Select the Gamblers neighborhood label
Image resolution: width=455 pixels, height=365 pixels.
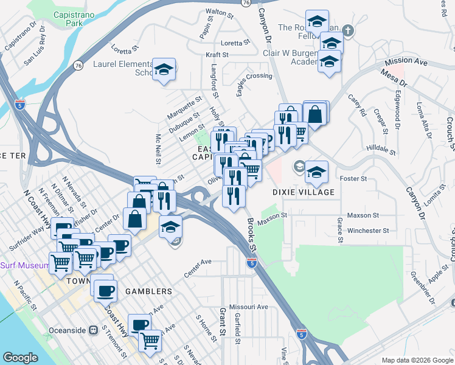[x=148, y=291]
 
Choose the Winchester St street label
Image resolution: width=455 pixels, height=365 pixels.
[x=367, y=231]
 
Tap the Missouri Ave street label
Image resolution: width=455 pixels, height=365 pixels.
[x=249, y=307]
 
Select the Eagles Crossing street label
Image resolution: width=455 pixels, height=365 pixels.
[x=254, y=76]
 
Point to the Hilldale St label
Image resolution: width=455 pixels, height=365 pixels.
[x=381, y=148]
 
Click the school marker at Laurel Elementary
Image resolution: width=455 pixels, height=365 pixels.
[x=164, y=71]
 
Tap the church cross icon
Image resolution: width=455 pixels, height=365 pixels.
[x=348, y=29]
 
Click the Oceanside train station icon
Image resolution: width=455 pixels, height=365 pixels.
[x=93, y=330]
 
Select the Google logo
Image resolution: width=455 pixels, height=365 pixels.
[x=20, y=358]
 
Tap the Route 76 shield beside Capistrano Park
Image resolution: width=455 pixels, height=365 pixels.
[x=78, y=65]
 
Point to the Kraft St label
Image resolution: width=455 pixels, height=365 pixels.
[x=217, y=55]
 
